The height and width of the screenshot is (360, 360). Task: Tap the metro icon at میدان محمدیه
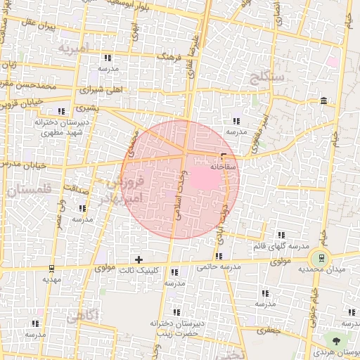pos(323,259)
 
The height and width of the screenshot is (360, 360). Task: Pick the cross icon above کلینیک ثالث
pos(139,260)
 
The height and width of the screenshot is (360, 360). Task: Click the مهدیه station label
pos(51,279)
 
